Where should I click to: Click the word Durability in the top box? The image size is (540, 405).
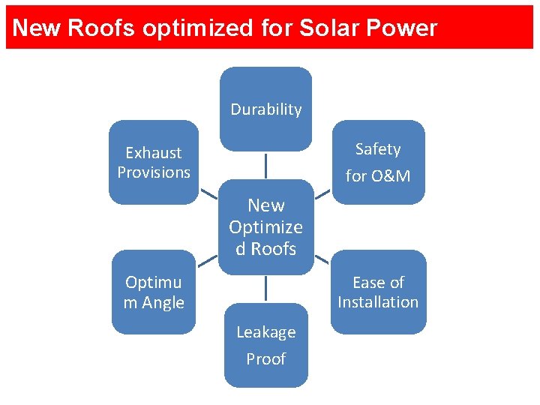coord(265,109)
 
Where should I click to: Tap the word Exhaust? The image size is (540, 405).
coord(154,153)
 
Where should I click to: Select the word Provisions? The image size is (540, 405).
coord(154,172)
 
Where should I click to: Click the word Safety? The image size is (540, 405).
coord(378,149)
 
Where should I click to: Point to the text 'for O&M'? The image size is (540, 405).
coord(378,176)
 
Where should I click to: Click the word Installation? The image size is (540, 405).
coord(378,301)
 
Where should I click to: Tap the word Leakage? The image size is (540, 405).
coord(265,331)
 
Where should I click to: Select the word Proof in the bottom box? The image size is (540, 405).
coord(265,358)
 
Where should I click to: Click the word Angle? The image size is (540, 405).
coord(163,302)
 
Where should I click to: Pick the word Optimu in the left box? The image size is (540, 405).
coord(154,283)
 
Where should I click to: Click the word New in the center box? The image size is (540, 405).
coord(265,205)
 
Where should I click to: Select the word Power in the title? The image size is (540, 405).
coord(400,28)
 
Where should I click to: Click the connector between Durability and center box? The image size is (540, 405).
coord(265,165)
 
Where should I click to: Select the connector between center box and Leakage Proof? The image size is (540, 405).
coord(265,289)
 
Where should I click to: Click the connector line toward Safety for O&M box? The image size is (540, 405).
coord(322,193)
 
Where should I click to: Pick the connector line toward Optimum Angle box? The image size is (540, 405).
coord(207,260)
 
